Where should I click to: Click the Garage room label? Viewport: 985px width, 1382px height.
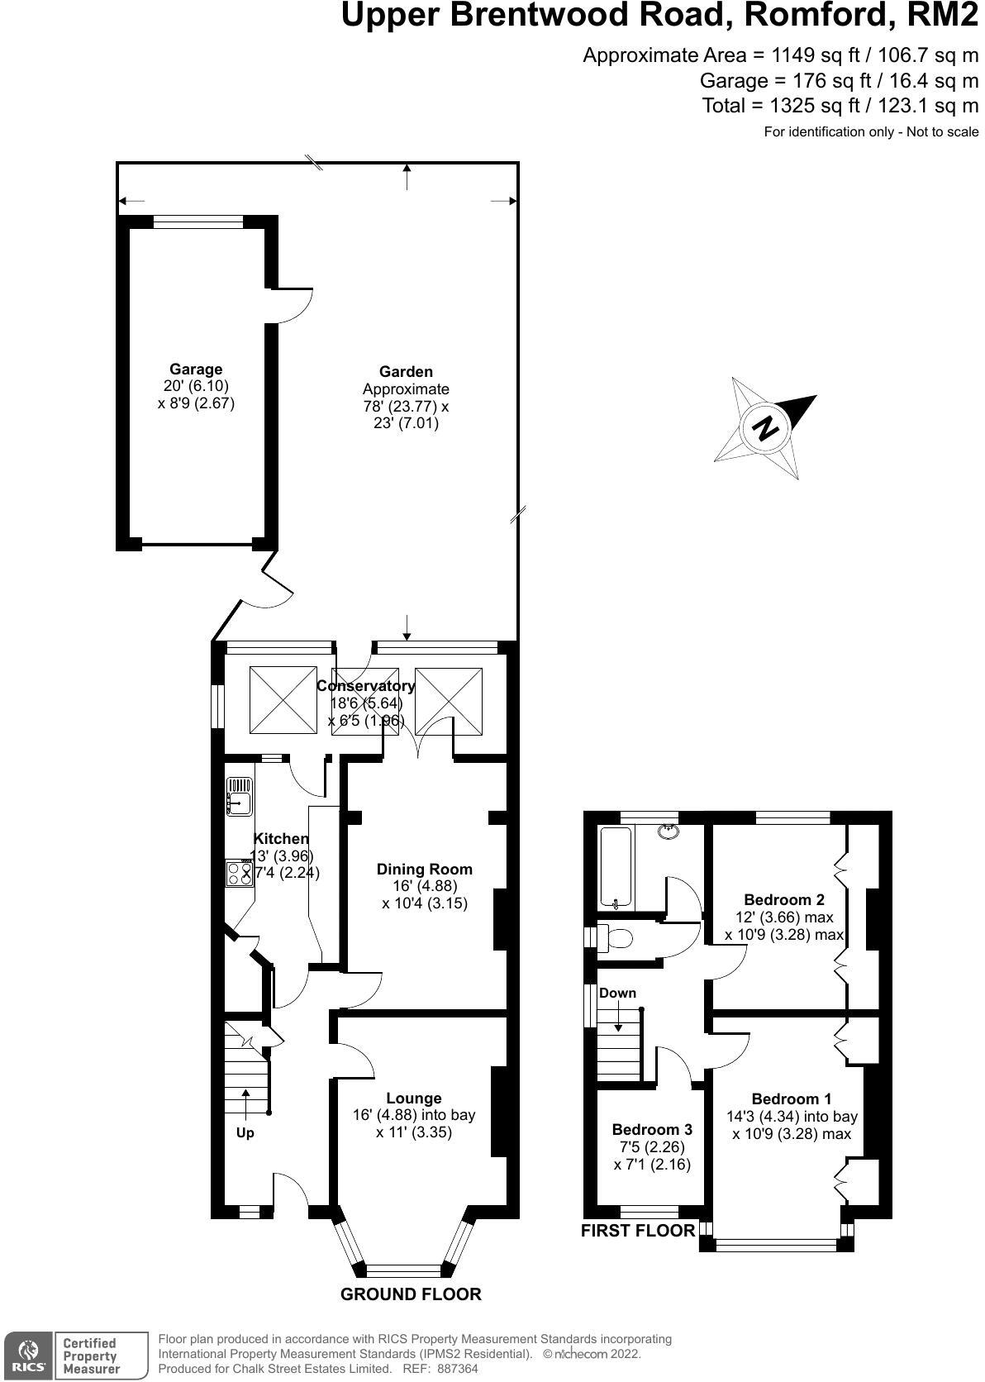click(x=196, y=369)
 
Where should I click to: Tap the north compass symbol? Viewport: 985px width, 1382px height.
click(x=766, y=428)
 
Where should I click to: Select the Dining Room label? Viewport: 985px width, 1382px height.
click(x=424, y=869)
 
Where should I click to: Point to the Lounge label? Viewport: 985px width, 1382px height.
click(x=414, y=1098)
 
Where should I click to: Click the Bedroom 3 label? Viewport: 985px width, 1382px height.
click(x=652, y=1130)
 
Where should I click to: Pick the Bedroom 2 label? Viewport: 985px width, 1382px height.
click(x=784, y=900)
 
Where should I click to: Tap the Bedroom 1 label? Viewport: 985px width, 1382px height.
click(x=792, y=1099)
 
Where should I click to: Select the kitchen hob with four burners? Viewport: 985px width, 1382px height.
click(x=239, y=874)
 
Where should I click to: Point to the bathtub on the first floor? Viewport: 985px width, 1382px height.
click(x=616, y=867)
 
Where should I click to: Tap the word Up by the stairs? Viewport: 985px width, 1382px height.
click(x=245, y=1133)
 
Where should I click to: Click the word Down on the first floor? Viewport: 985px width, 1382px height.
click(x=618, y=993)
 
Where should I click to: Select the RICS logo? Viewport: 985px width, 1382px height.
click(x=28, y=1356)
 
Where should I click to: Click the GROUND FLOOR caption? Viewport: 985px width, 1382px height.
click(x=411, y=1294)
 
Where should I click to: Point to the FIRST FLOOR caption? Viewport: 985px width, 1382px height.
click(x=638, y=1231)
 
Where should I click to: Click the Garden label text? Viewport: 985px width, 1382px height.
click(x=406, y=372)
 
